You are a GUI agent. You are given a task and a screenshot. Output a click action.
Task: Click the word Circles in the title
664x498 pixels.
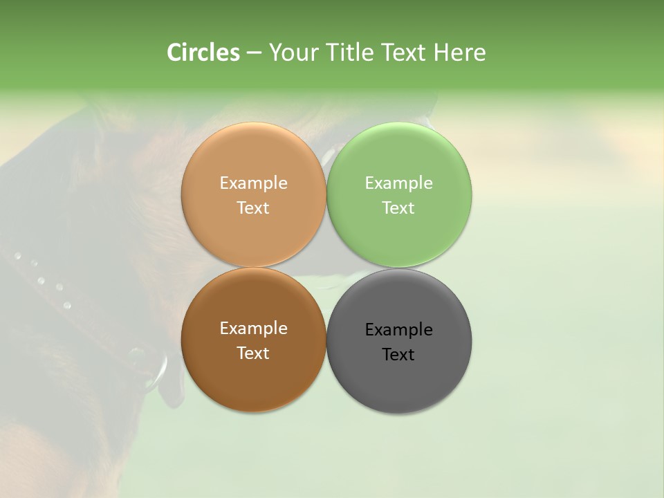click(x=203, y=53)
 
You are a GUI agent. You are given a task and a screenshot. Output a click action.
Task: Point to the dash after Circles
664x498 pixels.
click(x=254, y=53)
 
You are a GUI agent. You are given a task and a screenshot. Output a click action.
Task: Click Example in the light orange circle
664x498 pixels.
click(x=253, y=183)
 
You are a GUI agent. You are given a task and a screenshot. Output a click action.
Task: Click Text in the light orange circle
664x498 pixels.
click(x=253, y=208)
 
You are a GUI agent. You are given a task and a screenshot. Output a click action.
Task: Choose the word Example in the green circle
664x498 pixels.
click(x=398, y=183)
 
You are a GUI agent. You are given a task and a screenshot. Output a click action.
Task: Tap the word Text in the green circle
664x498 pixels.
click(x=398, y=208)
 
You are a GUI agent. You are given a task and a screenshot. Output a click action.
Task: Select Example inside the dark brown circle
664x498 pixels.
click(x=253, y=329)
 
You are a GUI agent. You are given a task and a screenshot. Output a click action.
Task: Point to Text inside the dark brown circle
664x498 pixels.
click(x=253, y=353)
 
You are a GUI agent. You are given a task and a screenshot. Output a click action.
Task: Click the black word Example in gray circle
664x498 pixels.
click(x=398, y=330)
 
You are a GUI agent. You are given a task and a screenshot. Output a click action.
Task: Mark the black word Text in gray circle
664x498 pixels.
click(x=398, y=355)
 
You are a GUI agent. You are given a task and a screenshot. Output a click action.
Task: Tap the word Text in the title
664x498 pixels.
click(x=404, y=53)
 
